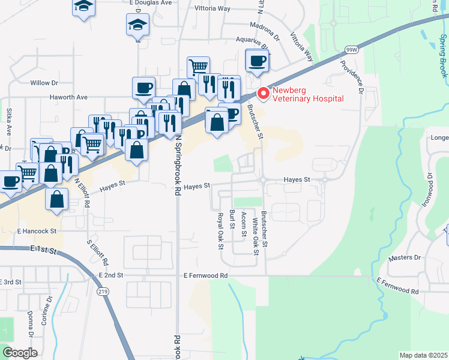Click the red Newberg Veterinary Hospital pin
pos(262,94)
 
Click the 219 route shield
pos(103,292)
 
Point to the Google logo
pos(20,353)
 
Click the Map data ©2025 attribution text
pos(423,355)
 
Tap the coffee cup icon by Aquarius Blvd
pos(257,61)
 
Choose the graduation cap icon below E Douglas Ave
pos(137,26)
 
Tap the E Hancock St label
pos(37,230)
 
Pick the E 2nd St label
pos(110,275)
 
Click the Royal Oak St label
pos(220,230)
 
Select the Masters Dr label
pos(405,257)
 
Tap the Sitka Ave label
pos(9,120)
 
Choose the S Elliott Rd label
pos(100,252)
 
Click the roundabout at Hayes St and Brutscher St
pos(262,179)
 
